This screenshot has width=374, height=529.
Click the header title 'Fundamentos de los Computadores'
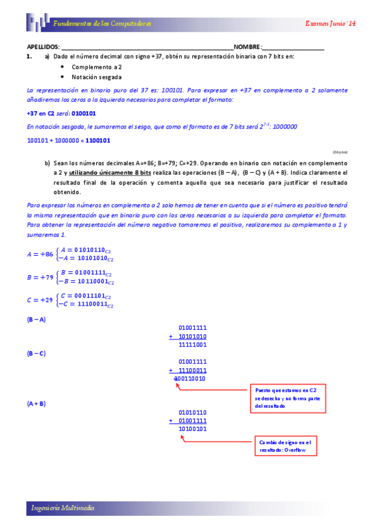pyautogui.click(x=102, y=24)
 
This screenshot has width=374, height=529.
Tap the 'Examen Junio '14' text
pyautogui.click(x=330, y=24)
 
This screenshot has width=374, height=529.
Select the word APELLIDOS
pyautogui.click(x=43, y=47)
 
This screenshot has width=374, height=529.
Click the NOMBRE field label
pyautogui.click(x=248, y=47)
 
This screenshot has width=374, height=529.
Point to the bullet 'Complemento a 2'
pyautogui.click(x=97, y=67)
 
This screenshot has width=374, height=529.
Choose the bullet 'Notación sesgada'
pyautogui.click(x=97, y=77)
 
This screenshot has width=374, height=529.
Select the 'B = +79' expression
pyautogui.click(x=39, y=277)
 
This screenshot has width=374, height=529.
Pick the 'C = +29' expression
pyautogui.click(x=39, y=300)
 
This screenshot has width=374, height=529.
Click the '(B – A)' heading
pyautogui.click(x=36, y=319)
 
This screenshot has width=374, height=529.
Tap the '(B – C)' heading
pyautogui.click(x=36, y=353)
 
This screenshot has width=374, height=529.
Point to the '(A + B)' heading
pyautogui.click(x=36, y=404)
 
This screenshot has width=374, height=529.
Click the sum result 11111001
pyautogui.click(x=192, y=344)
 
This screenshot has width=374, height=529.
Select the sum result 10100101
pyautogui.click(x=192, y=429)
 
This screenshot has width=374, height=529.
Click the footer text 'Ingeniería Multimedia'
pyautogui.click(x=63, y=508)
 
